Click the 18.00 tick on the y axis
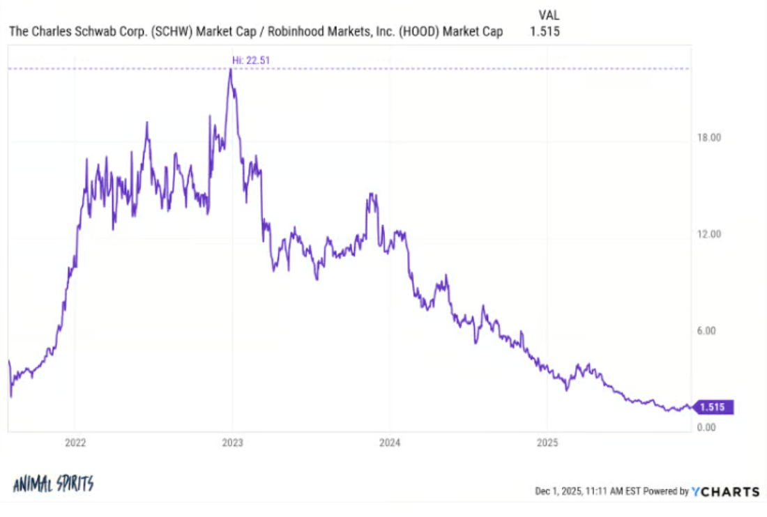click(709, 138)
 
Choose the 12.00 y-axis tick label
click(709, 234)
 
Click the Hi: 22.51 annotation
click(251, 61)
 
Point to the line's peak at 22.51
click(231, 70)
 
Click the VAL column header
click(549, 15)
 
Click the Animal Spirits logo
click(53, 484)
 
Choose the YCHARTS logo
click(726, 491)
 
